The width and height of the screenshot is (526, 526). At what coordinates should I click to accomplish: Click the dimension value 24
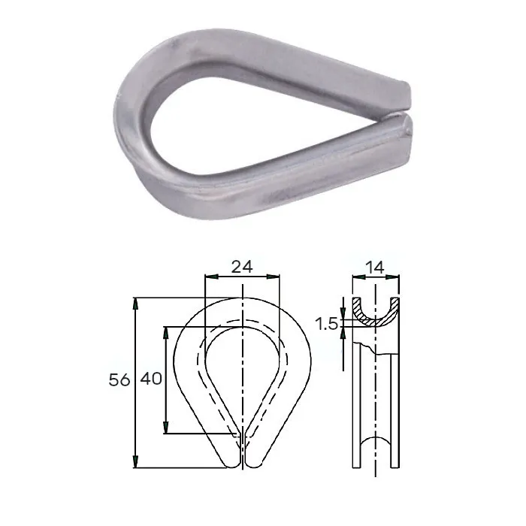[241, 267]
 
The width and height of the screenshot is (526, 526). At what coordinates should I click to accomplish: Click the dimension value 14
[375, 268]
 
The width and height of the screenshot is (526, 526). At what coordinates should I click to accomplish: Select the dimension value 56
[119, 380]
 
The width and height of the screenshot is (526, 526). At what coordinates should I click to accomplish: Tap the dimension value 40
[151, 379]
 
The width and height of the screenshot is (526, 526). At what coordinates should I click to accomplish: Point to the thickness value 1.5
[327, 324]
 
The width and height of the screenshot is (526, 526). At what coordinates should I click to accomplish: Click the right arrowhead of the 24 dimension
[273, 277]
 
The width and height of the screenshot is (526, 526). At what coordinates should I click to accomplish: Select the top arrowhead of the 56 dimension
[135, 304]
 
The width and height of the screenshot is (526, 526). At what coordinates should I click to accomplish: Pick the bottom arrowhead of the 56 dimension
[135, 461]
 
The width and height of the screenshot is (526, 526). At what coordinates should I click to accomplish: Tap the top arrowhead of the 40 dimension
[165, 333]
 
